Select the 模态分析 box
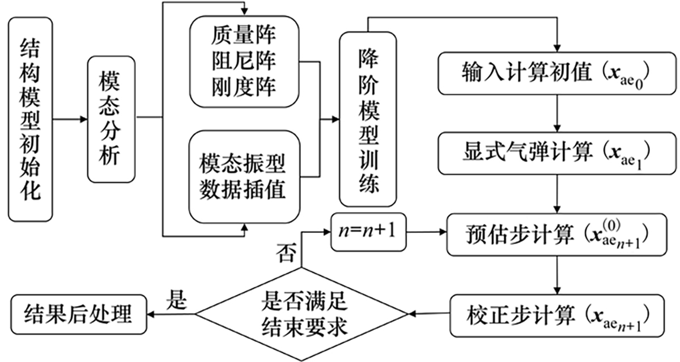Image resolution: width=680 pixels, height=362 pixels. (112, 119)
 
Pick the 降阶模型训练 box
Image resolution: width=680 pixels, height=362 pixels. (367, 119)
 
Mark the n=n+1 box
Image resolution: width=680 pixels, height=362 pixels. (369, 232)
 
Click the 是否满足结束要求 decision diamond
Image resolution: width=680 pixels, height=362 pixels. (303, 313)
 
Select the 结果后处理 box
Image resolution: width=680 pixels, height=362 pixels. (78, 313)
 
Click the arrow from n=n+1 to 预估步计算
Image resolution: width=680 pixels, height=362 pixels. (426, 232)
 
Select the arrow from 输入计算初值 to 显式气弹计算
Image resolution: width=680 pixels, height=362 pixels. (559, 113)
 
